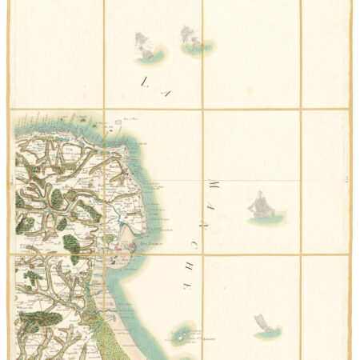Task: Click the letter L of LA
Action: [145, 80]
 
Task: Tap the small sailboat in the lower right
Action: [261, 325]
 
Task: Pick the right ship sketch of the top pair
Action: [192, 39]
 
